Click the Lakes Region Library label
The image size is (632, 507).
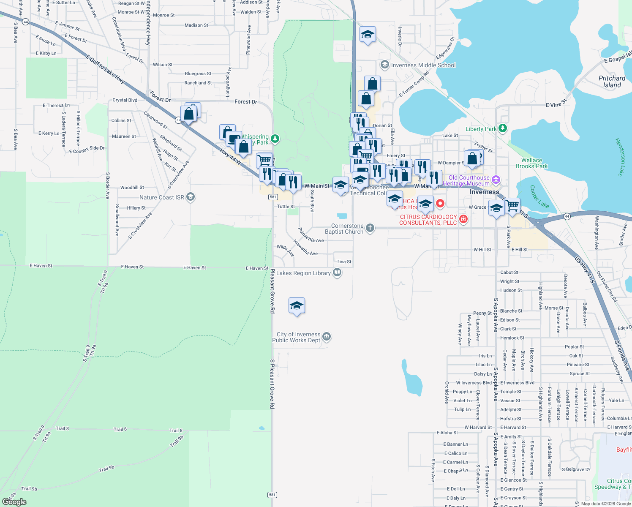303,273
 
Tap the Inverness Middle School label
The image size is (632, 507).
423,65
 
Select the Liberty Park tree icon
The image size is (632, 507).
502,128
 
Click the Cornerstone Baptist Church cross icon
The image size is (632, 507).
370,229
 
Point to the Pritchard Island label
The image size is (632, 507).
612,82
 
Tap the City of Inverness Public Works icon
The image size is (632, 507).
327,337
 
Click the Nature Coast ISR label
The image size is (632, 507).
162,197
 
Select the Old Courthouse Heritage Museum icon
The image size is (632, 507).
496,180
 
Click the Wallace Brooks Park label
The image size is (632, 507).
531,163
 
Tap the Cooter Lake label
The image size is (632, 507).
539,196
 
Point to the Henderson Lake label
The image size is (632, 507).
620,157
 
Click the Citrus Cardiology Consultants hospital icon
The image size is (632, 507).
463,219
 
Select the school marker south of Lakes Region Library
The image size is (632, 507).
297,306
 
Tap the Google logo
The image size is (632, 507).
14,502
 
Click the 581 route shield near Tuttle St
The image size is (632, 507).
273,197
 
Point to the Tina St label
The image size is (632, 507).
344,262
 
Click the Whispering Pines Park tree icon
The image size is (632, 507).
275,138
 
